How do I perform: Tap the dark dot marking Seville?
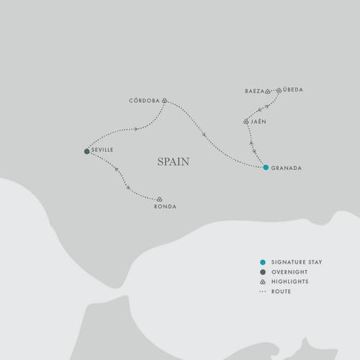click(86, 151)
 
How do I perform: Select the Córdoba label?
click(144, 101)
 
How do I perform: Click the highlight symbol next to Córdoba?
click(165, 101)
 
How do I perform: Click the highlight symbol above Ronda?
click(159, 199)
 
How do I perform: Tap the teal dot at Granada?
click(266, 167)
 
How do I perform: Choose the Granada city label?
click(285, 168)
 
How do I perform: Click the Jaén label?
click(259, 122)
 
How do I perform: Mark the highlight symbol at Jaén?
click(246, 122)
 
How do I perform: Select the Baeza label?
click(253, 91)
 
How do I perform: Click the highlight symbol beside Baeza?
click(267, 92)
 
